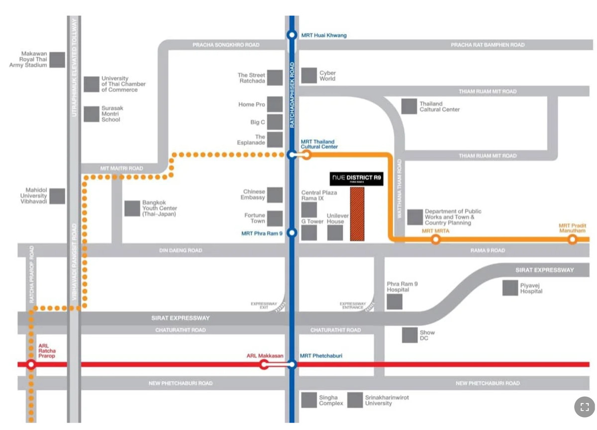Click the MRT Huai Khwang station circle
(x=292, y=35)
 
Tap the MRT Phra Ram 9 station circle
(x=292, y=233)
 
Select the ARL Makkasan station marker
(x=264, y=364)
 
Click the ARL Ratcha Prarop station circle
(x=31, y=365)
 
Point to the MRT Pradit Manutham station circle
(x=572, y=240)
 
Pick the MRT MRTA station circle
(x=436, y=240)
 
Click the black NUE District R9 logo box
(x=357, y=178)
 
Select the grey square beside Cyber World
(x=309, y=76)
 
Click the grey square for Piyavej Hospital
(x=510, y=288)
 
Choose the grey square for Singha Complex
(x=309, y=400)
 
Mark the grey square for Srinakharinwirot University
(x=355, y=400)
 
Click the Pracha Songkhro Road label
(x=226, y=45)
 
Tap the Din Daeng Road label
(x=181, y=251)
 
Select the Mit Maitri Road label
(x=121, y=169)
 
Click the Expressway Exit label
(x=264, y=305)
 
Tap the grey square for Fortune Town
(x=275, y=218)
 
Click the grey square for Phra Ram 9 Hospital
(x=395, y=301)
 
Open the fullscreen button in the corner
(x=585, y=407)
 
